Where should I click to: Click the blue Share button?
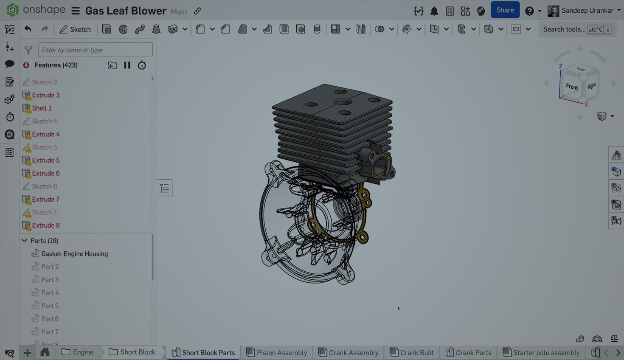coord(505,10)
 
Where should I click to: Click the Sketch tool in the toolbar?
coord(75,29)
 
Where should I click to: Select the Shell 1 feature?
coord(42,108)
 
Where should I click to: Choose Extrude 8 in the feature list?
coord(45,225)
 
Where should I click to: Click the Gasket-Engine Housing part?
coord(74,254)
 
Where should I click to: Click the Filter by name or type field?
coord(95,50)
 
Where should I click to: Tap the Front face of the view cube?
coord(571,87)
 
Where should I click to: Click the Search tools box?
coord(564,29)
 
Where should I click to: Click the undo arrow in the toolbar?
coord(28,29)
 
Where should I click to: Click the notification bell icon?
coord(434,11)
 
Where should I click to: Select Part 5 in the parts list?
coord(50,306)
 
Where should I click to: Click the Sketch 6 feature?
coord(44,186)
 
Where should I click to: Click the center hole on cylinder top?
coord(342,102)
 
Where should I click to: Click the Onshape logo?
coord(13,10)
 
